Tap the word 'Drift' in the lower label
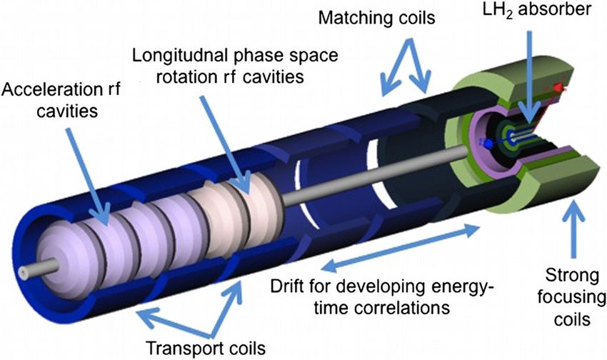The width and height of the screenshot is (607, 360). (x=289, y=287)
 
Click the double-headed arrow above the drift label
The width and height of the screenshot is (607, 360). (x=400, y=250)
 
